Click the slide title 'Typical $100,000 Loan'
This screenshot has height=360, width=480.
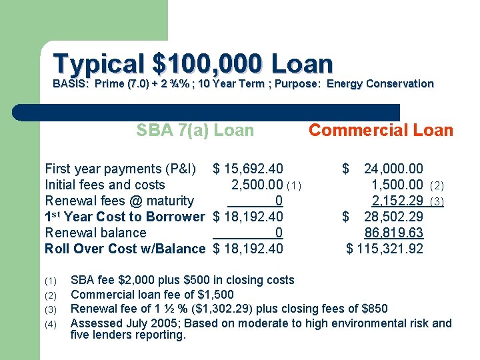tap(193, 64)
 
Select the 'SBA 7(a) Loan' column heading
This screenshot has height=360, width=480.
tap(195, 131)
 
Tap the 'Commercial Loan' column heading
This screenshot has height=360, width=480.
tap(381, 131)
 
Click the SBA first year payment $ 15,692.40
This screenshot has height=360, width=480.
tap(247, 169)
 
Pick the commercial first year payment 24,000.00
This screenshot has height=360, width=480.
tap(393, 169)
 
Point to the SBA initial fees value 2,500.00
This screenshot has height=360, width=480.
tap(257, 185)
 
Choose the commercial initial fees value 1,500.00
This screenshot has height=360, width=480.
tap(397, 185)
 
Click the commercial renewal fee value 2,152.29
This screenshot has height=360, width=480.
tap(397, 201)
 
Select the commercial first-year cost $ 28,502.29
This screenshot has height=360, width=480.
tap(383, 217)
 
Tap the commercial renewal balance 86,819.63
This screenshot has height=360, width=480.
tap(393, 233)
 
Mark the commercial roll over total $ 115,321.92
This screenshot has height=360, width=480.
tap(385, 249)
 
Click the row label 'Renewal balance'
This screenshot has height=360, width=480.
tap(95, 233)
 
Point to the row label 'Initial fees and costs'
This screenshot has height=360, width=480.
tap(105, 185)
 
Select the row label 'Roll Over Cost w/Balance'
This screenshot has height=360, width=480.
tap(125, 249)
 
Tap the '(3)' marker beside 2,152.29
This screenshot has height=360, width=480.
tap(437, 201)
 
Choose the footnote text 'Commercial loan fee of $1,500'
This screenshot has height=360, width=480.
tap(152, 294)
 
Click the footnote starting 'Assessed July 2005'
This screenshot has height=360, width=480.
tap(261, 323)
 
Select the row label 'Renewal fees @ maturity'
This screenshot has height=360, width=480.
tap(119, 201)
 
